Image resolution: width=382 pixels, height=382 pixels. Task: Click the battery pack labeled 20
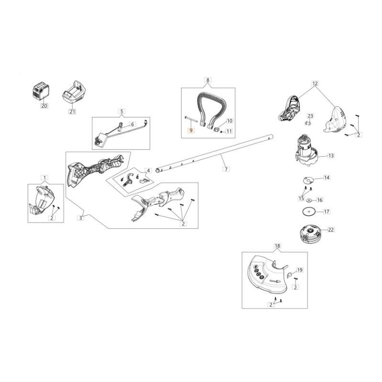(41, 93)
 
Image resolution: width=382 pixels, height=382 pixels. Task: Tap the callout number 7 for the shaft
(226, 169)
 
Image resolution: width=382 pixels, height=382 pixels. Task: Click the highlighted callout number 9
(191, 130)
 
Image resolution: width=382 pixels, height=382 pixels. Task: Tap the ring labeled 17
(308, 212)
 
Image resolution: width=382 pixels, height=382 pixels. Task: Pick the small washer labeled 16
(309, 200)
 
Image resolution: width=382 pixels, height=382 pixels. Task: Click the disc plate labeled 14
(308, 180)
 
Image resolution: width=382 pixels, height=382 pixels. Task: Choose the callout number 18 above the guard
(277, 245)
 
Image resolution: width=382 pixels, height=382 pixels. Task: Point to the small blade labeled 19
(289, 275)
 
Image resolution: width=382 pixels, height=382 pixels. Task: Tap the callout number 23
(310, 116)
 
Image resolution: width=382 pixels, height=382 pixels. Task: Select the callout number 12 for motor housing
(315, 83)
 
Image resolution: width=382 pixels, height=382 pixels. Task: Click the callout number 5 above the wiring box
(122, 112)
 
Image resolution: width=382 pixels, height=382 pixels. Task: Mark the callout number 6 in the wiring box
(132, 124)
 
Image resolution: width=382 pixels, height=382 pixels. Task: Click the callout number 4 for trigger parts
(148, 170)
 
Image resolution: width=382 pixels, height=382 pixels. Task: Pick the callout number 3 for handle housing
(81, 218)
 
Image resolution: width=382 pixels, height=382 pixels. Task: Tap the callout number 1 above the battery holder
(44, 178)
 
